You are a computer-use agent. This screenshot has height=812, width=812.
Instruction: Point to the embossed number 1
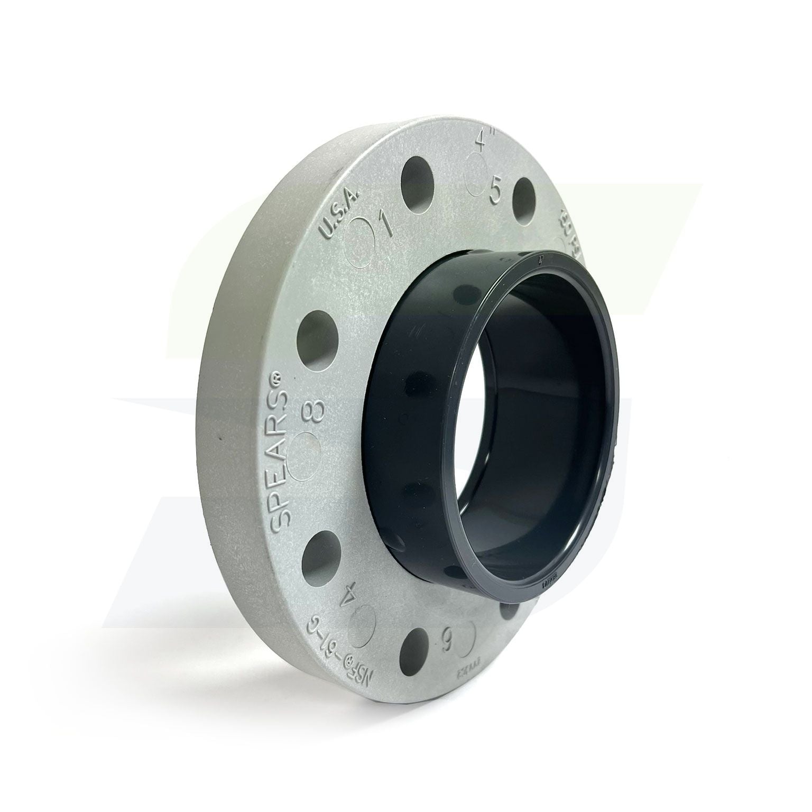click(x=386, y=224)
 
